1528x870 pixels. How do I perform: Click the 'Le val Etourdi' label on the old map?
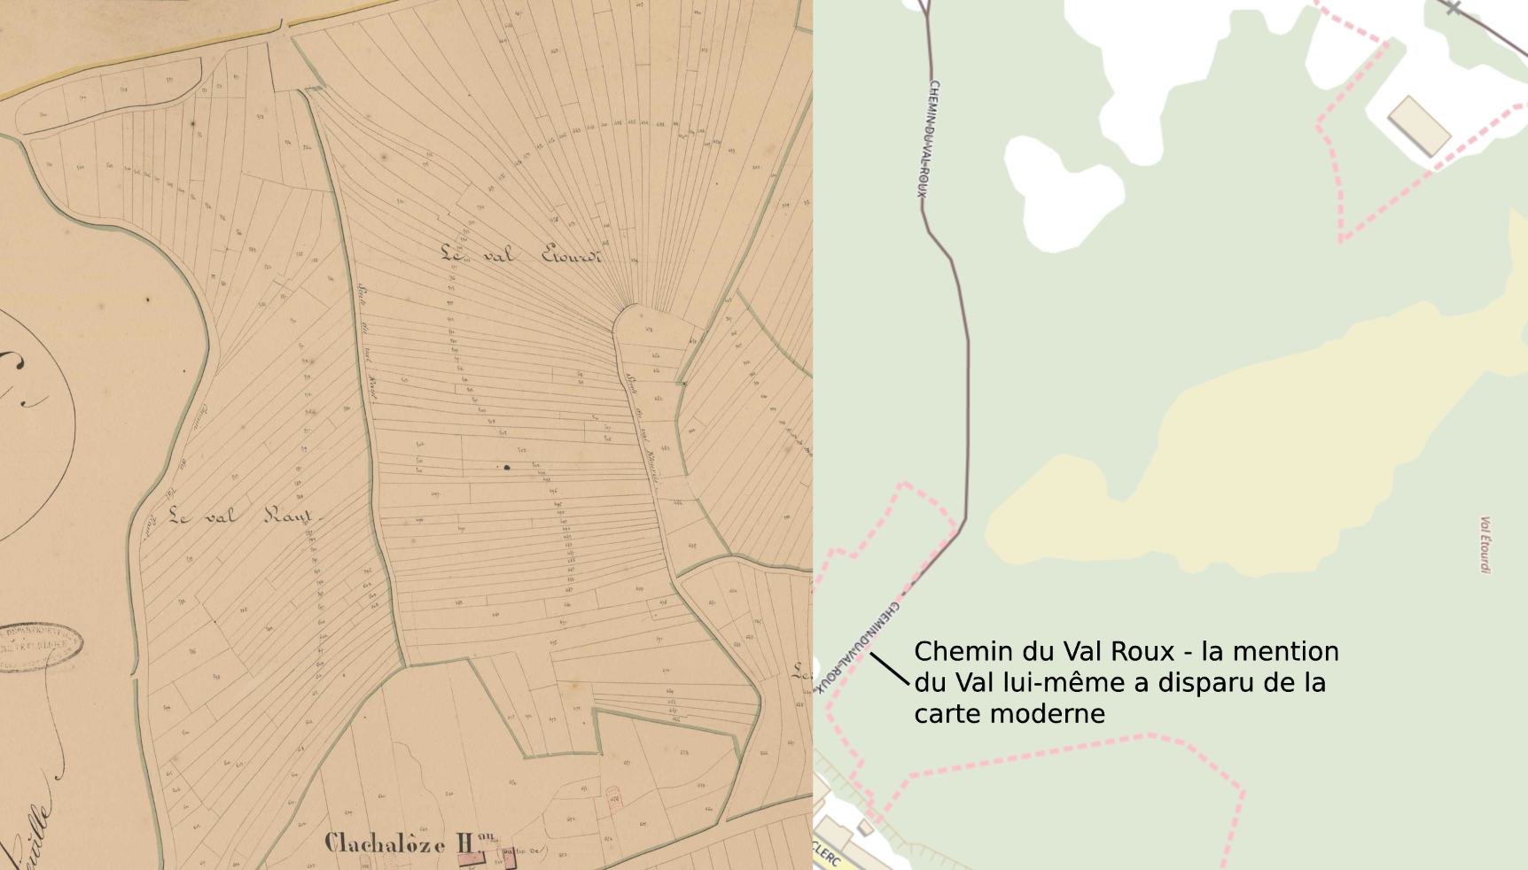point(521,255)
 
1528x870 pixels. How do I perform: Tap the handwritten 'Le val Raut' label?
point(242,516)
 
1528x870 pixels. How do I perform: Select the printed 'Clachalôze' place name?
point(385,843)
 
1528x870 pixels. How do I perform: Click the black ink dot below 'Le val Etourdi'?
point(507,467)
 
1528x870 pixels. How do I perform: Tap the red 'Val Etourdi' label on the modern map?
point(1485,545)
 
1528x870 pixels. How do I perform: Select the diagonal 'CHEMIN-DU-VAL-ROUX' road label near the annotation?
point(857,647)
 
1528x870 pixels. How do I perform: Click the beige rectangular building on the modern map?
point(1419,127)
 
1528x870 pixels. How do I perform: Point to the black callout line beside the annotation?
point(890,669)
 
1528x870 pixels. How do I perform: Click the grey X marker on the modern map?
point(1453,9)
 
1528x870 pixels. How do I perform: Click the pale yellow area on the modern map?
point(1241,443)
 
